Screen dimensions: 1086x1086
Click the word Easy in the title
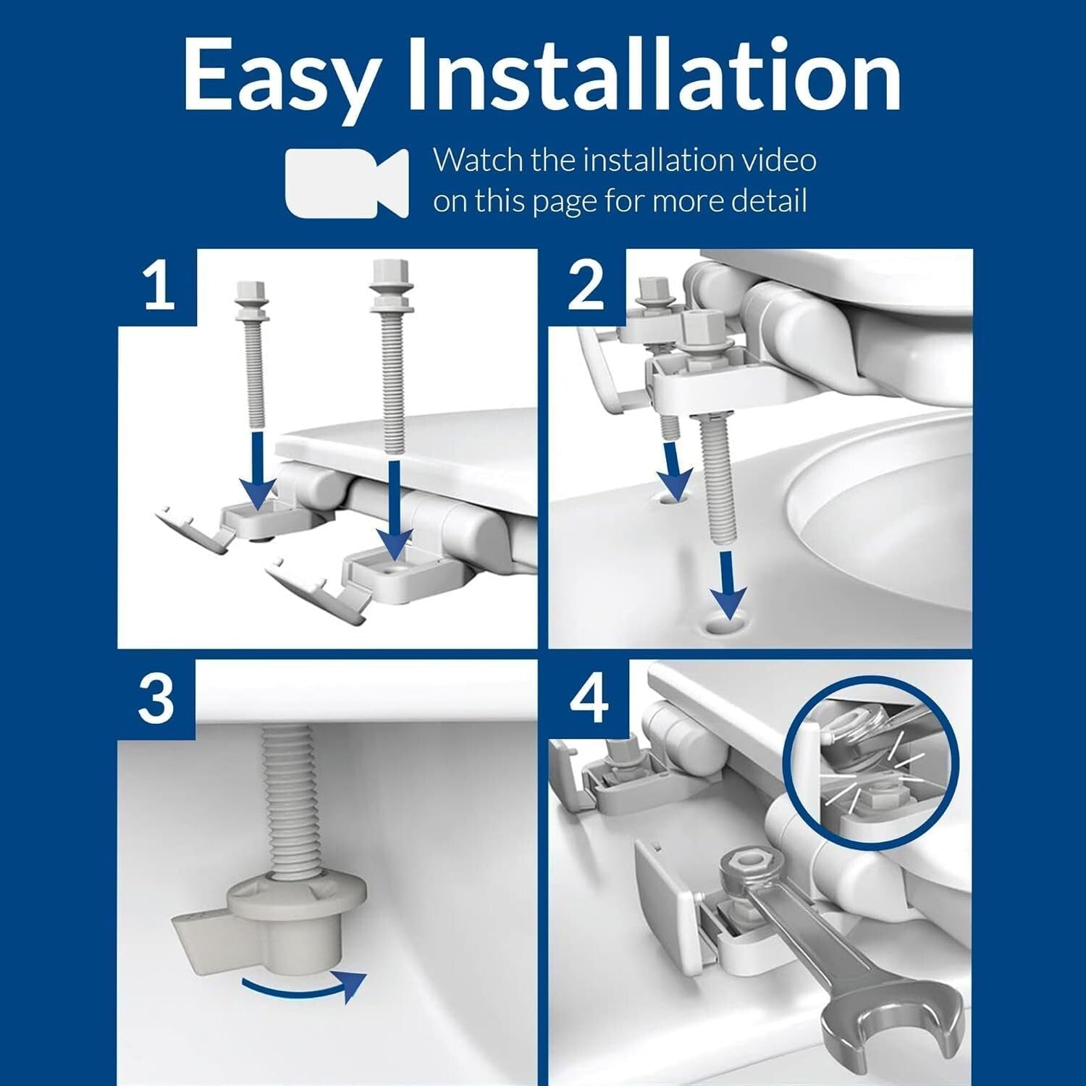[281, 76]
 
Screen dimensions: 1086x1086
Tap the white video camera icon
[346, 182]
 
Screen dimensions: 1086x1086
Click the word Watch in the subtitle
[479, 160]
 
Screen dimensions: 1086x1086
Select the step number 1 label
[158, 286]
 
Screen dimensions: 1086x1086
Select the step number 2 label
[586, 286]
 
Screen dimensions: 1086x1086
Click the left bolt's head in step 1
[251, 296]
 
